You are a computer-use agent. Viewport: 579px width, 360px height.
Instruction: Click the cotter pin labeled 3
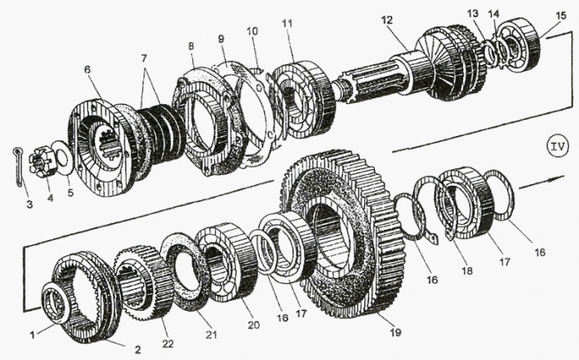tap(18, 167)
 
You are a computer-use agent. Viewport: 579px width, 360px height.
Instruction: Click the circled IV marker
tap(557, 147)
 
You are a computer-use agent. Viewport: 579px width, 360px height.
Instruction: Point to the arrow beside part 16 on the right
tap(542, 182)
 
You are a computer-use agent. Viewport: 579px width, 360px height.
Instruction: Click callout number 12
tap(387, 20)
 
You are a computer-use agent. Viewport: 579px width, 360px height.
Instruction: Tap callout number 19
tap(396, 332)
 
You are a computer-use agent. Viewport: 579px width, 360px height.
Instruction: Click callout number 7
tap(143, 58)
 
